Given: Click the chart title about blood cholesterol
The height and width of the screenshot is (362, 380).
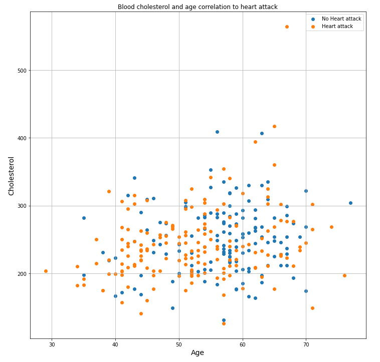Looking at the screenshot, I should click(x=198, y=7).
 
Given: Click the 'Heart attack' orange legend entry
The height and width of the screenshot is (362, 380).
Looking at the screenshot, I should click(x=335, y=26).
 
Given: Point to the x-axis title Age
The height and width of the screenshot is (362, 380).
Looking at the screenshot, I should click(x=198, y=352).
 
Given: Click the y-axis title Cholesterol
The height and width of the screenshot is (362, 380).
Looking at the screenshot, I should click(x=11, y=176).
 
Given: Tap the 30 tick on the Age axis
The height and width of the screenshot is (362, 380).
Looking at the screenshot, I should click(x=52, y=345).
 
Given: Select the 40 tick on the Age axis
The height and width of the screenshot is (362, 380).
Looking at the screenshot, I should click(x=115, y=345).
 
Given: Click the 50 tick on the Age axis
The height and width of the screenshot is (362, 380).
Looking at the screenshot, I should click(x=179, y=345).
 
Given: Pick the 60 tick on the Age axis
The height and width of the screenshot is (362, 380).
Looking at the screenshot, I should click(x=243, y=345).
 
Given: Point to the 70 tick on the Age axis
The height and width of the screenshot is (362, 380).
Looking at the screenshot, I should click(x=306, y=345).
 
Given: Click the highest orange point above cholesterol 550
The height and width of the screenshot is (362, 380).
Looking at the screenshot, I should click(x=287, y=27).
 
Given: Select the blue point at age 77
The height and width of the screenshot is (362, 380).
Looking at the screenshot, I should click(x=350, y=203).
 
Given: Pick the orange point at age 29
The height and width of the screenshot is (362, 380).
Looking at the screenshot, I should click(x=46, y=271).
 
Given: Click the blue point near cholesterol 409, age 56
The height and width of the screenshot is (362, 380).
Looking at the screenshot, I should click(x=217, y=132).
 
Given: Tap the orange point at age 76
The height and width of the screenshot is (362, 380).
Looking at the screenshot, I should click(x=344, y=275).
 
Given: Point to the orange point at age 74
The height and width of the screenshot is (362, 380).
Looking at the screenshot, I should click(x=331, y=227).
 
